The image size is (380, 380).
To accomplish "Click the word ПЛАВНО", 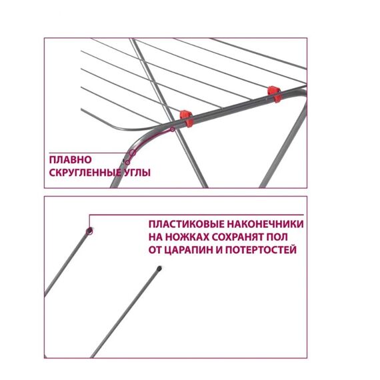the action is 71,160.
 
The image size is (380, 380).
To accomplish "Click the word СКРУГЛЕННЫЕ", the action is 85,173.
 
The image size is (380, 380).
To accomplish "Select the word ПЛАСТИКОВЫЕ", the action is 187,224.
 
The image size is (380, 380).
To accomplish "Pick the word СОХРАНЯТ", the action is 238,237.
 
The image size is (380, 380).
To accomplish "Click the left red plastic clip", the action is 186,118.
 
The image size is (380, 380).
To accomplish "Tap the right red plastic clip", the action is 274,94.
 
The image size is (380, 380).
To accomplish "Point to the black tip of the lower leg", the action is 159,269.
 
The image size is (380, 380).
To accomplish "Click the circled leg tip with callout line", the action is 90,231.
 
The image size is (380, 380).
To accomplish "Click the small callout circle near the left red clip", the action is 172,129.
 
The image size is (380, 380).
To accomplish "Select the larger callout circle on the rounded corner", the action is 132,153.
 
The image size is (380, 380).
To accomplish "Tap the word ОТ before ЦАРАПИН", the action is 155,249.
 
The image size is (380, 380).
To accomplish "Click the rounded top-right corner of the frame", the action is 303,93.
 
